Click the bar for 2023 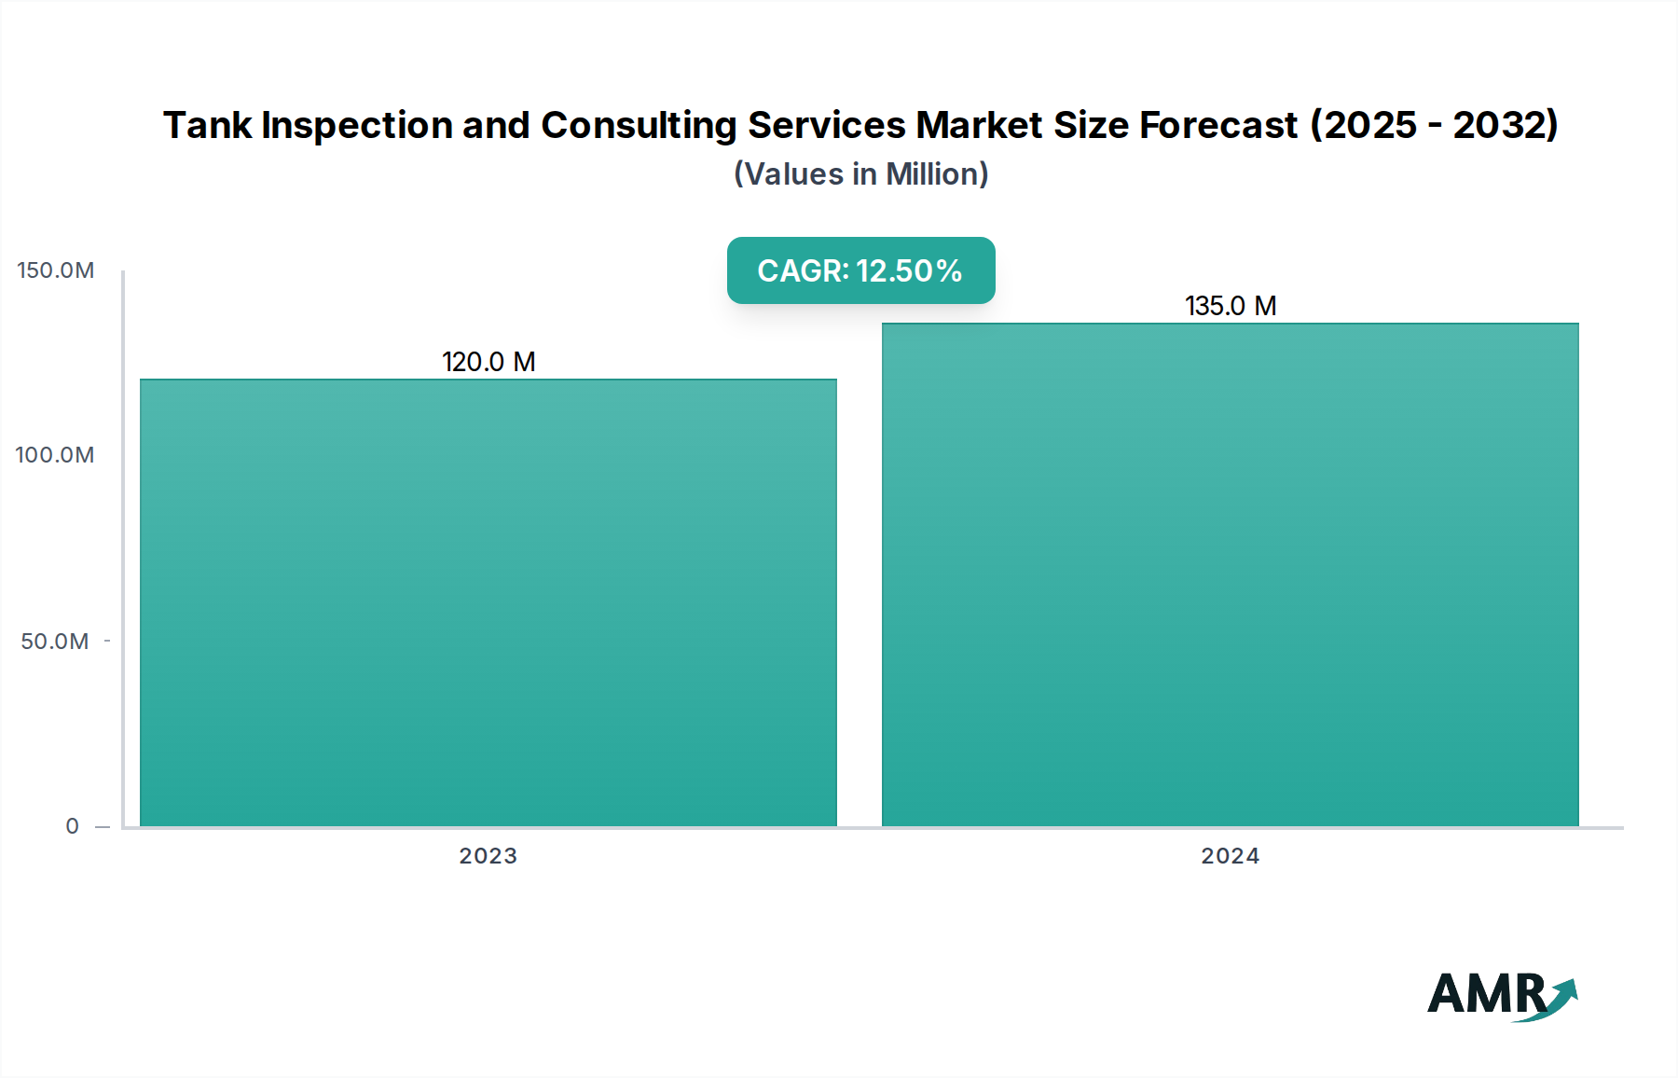[x=488, y=602]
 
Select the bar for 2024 [x=1230, y=574]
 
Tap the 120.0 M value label [x=488, y=362]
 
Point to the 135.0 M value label [x=1230, y=306]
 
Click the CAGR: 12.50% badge [x=860, y=270]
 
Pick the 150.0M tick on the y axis [x=56, y=270]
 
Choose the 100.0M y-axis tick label [x=55, y=455]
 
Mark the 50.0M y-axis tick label [x=55, y=642]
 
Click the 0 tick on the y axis [x=73, y=826]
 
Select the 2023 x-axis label [x=488, y=856]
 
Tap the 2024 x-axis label [x=1230, y=856]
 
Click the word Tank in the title [x=207, y=125]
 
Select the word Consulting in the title [x=639, y=125]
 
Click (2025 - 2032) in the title [x=1434, y=125]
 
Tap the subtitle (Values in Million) [x=860, y=174]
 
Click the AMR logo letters [x=1485, y=994]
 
